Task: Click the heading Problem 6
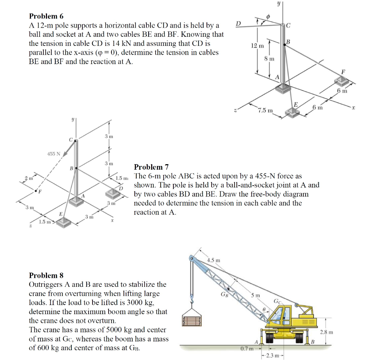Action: click(x=43, y=16)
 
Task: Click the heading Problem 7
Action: click(x=151, y=167)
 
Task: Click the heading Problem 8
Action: click(x=43, y=275)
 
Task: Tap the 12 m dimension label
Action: click(x=257, y=46)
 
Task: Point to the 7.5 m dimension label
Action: click(x=265, y=110)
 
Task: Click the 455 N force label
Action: click(x=54, y=154)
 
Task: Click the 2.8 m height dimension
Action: click(x=326, y=332)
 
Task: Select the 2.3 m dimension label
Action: click(x=272, y=355)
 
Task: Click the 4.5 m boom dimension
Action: click(x=213, y=260)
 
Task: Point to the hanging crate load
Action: click(x=192, y=317)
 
